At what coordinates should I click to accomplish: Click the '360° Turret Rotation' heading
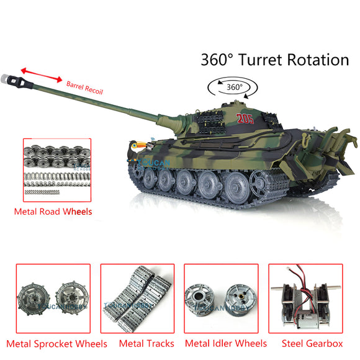click(x=274, y=60)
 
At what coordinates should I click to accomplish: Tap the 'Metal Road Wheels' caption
click(x=53, y=212)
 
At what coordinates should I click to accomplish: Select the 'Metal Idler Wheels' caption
click(x=226, y=343)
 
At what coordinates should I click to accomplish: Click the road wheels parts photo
click(x=56, y=171)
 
